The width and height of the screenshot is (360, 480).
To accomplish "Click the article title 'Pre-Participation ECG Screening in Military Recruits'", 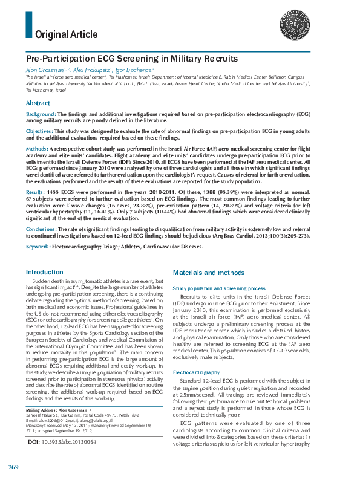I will pyautogui.click(x=131, y=59).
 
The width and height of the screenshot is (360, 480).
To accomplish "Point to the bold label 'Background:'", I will pyautogui.click(x=41, y=114).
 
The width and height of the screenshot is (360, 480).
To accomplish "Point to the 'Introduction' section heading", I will pyautogui.click(x=44, y=273).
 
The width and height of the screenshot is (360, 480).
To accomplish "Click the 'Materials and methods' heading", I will pyautogui.click(x=208, y=273).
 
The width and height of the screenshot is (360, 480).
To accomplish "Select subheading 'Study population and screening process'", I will pyautogui.click(x=218, y=288).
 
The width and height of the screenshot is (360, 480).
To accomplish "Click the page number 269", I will pyautogui.click(x=14, y=468).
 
